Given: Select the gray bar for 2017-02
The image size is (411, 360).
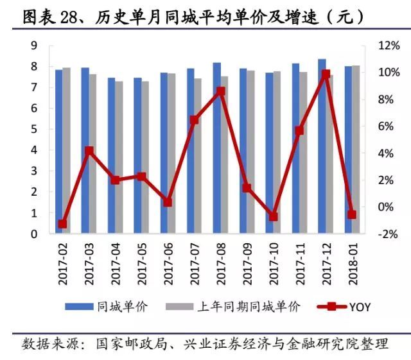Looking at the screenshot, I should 67,151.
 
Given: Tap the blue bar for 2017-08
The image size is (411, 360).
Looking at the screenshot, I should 216,148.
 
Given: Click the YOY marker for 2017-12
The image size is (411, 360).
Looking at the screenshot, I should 326,74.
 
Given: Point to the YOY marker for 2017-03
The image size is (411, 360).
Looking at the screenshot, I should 89,151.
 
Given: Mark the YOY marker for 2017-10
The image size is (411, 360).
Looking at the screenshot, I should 273,217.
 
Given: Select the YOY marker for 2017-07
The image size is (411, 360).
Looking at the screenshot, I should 194,120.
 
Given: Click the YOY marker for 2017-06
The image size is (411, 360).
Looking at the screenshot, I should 168,202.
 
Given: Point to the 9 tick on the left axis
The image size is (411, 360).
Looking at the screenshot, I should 33,46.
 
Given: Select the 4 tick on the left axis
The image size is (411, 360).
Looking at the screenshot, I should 33,150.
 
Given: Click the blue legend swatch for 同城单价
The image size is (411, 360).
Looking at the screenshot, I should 79,307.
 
